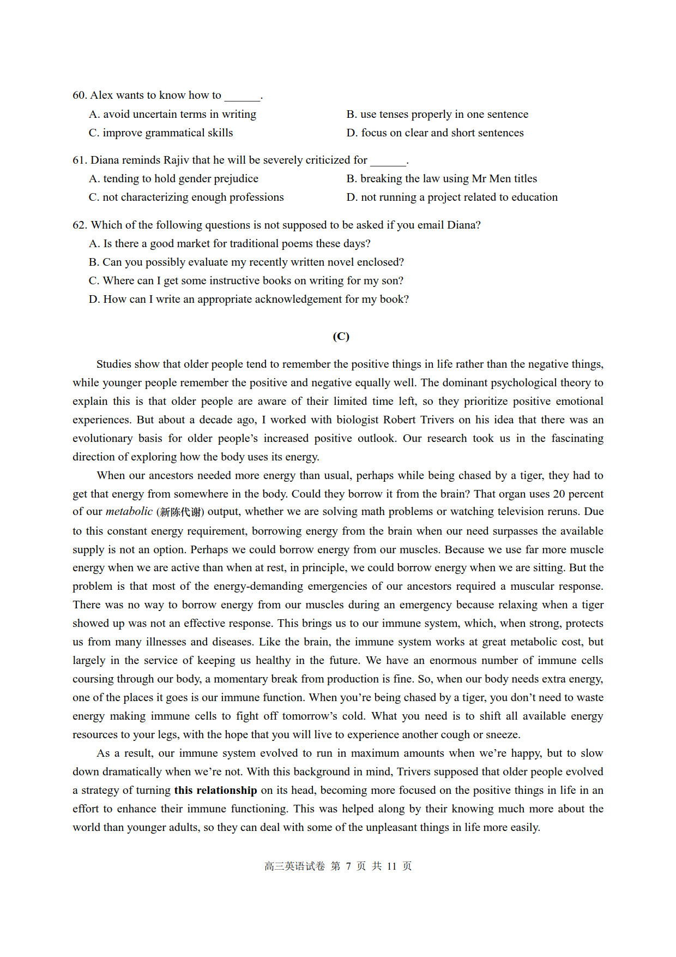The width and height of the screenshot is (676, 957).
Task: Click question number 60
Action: (x=80, y=95)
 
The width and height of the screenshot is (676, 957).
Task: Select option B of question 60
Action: (x=437, y=114)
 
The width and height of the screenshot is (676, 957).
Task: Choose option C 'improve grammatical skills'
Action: (x=161, y=133)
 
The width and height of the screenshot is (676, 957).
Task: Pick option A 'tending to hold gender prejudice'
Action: (x=173, y=178)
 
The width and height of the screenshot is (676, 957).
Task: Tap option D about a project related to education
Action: (x=452, y=197)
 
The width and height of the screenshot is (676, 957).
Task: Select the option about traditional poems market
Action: (x=230, y=243)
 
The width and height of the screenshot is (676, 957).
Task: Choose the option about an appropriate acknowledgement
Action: (x=249, y=299)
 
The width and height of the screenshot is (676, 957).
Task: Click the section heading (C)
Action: (x=341, y=336)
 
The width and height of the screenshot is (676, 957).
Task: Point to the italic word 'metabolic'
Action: (x=129, y=512)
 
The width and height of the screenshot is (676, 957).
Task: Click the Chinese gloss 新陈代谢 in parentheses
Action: (x=180, y=512)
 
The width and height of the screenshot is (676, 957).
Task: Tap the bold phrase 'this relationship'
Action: (x=215, y=790)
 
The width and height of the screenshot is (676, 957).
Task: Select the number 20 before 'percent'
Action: (x=559, y=494)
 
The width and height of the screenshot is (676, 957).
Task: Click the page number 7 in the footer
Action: (x=348, y=866)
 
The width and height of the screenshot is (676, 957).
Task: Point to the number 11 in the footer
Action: (x=391, y=866)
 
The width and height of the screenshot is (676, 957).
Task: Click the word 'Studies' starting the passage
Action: (x=114, y=364)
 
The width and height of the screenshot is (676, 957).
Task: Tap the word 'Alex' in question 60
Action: (x=101, y=95)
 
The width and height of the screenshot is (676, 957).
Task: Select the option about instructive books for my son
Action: (x=246, y=280)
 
